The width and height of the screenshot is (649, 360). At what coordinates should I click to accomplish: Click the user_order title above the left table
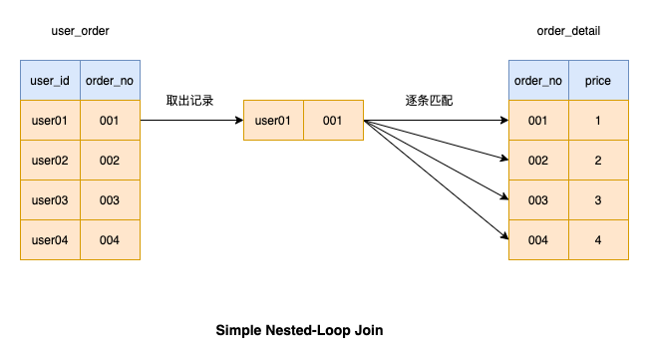pos(80,32)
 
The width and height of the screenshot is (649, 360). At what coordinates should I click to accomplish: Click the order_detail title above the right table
pos(568,32)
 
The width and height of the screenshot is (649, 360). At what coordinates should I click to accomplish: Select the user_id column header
pos(50,80)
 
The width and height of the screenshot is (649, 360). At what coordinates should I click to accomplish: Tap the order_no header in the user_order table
pos(110,80)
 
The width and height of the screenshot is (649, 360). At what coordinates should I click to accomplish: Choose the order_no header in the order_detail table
pos(538,80)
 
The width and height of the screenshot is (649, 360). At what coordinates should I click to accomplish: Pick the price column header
pos(598,80)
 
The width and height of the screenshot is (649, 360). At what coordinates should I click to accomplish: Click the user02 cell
pos(50,161)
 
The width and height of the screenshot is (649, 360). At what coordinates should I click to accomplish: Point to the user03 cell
pos(50,200)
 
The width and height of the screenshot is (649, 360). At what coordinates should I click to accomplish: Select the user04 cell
pos(50,240)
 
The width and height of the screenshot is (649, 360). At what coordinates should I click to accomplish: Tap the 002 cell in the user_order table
pos(110,161)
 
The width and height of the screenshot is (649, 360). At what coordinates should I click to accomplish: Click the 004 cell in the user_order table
pos(110,240)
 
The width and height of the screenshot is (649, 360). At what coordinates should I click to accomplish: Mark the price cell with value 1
pos(598,121)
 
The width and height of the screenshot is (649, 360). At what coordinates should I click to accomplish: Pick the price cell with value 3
pos(598,200)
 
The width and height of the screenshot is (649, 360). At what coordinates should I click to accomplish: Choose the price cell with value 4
pos(598,240)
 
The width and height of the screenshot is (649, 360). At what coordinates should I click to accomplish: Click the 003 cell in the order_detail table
pos(538,200)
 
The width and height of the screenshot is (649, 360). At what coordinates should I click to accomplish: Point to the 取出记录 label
pos(190,101)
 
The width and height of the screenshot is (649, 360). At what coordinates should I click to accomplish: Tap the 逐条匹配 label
pos(430,101)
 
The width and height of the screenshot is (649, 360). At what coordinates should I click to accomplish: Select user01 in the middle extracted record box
pos(273,121)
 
